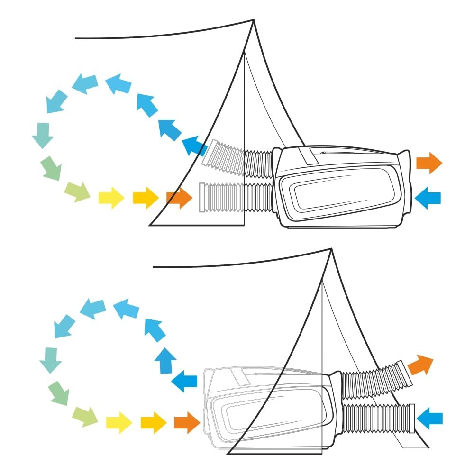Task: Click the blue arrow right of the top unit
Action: pyautogui.click(x=428, y=195)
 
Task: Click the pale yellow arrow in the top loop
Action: pyautogui.click(x=110, y=197)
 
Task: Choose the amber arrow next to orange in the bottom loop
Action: pyautogui.click(x=154, y=420)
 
